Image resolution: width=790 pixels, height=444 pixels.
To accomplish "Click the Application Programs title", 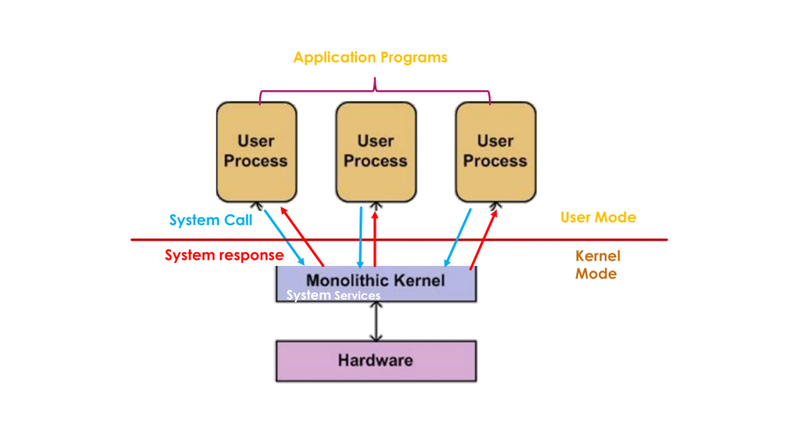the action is click(x=370, y=58).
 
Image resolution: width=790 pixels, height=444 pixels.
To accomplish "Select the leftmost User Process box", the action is click(x=256, y=152).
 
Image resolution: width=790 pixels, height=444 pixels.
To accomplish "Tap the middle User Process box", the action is click(x=376, y=152).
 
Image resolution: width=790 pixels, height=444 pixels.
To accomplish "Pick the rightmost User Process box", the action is click(x=496, y=152).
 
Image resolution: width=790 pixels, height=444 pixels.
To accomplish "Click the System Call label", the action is click(x=211, y=220).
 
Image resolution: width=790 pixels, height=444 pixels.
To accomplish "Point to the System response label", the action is click(x=224, y=255).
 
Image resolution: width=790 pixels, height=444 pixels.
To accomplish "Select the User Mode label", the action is click(x=598, y=217).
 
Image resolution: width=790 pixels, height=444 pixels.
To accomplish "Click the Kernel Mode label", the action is click(x=598, y=265).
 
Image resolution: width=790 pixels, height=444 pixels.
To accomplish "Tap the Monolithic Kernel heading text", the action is click(x=376, y=280).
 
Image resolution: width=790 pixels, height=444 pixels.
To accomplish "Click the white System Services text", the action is click(x=333, y=295).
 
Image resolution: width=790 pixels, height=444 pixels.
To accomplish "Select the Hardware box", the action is click(x=376, y=361).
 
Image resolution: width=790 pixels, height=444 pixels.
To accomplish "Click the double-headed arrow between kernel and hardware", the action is click(x=376, y=321).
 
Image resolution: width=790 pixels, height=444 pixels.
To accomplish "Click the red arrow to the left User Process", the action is click(x=302, y=236).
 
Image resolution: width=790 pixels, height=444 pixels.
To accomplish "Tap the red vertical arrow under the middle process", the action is click(x=375, y=239).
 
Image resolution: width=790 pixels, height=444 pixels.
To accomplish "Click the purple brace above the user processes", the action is click(x=375, y=91).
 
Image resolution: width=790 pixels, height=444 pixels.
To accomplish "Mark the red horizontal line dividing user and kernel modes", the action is click(x=399, y=240).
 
